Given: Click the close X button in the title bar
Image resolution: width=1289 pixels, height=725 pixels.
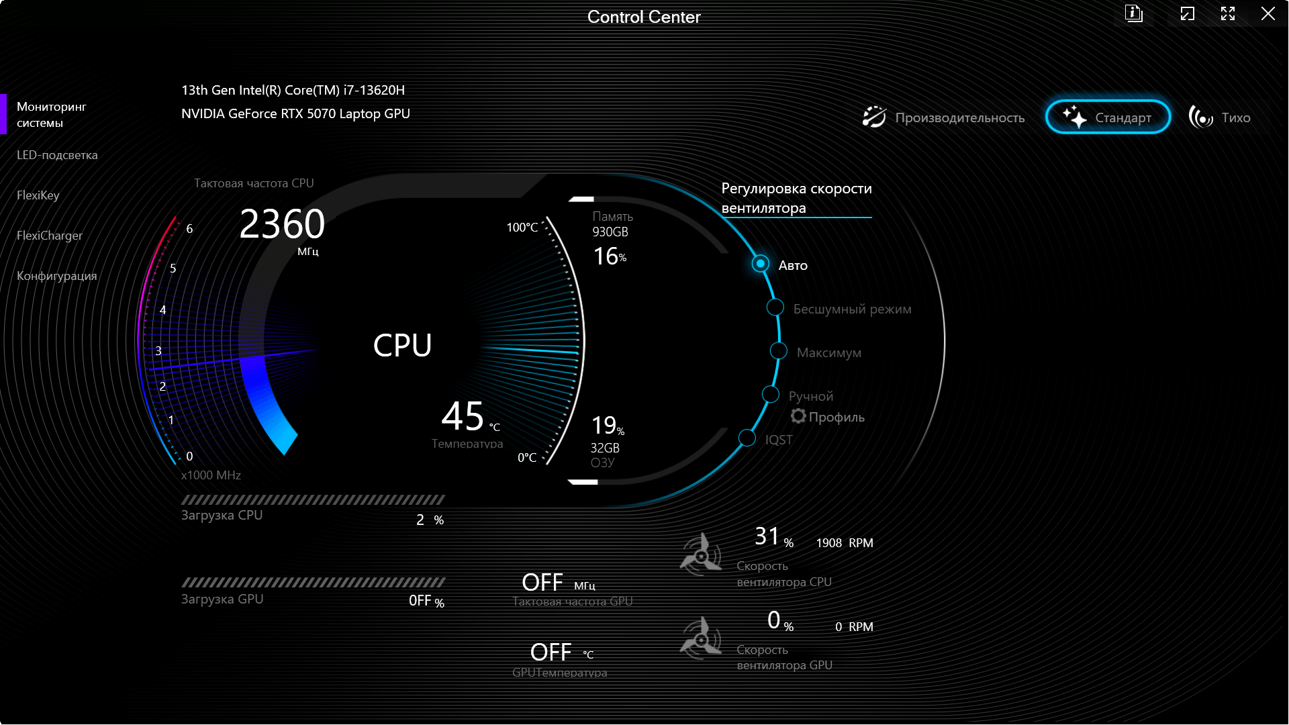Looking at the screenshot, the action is [x=1268, y=13].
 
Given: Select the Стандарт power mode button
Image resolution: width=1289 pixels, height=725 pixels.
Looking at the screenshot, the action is [x=1108, y=117].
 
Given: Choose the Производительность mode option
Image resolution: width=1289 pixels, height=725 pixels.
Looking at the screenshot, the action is [x=943, y=117].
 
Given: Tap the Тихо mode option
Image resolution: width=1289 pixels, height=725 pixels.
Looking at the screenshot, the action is [x=1219, y=117].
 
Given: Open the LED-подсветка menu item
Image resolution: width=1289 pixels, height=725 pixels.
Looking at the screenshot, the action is [x=57, y=155].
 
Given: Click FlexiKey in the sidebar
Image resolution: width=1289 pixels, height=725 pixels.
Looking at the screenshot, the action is [x=38, y=195].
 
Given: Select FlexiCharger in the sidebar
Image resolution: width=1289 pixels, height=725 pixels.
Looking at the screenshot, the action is [x=50, y=236].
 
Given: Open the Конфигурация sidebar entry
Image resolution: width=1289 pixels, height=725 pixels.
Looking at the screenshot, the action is [x=57, y=276].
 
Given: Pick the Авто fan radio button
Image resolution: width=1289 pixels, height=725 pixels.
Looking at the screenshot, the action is [x=760, y=264].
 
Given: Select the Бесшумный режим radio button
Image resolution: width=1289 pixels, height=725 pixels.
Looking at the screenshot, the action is [x=775, y=307].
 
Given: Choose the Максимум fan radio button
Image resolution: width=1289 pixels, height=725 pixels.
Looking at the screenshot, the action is [x=779, y=351].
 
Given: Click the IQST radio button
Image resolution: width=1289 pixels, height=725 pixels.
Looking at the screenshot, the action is [x=747, y=438].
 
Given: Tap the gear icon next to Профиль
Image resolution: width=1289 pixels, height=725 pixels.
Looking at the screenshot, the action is [x=798, y=416].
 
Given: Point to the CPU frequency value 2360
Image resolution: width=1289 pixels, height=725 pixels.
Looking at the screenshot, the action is [x=282, y=224].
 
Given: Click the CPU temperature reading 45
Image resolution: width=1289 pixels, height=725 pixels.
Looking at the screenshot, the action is [x=463, y=416].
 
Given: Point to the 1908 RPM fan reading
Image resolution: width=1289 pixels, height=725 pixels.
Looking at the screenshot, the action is [x=845, y=543].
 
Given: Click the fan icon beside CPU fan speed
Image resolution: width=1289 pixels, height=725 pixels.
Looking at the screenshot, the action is [x=701, y=555].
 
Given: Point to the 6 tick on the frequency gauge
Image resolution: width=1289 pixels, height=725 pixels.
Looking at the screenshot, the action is [x=189, y=229].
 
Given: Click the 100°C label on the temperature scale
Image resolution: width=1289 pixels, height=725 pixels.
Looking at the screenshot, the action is [x=522, y=228].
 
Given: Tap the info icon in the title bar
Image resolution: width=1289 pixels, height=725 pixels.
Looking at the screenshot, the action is [x=1134, y=13].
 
